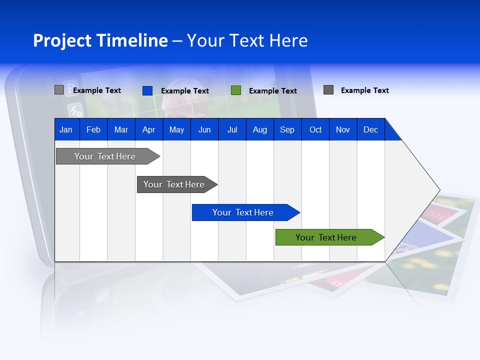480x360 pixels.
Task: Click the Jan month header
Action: pos(66,129)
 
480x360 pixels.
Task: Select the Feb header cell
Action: pos(93,129)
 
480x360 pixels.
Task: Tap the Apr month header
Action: pos(149,129)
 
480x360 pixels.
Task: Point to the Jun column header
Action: pos(204,129)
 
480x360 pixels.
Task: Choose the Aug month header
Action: pos(260,129)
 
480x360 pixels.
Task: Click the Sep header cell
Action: pos(287,129)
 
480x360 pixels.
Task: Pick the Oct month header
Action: pos(315,129)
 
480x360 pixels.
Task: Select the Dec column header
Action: pos(371,129)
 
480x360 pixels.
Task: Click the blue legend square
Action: pos(147,90)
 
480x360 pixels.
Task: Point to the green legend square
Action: pos(236,90)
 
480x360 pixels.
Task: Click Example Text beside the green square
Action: pos(273,91)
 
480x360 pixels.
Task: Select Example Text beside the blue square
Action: pos(185,91)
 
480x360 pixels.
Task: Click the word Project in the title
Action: pos(62,40)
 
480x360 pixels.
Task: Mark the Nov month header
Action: pos(343,129)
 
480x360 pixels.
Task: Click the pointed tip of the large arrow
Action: pos(439,190)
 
